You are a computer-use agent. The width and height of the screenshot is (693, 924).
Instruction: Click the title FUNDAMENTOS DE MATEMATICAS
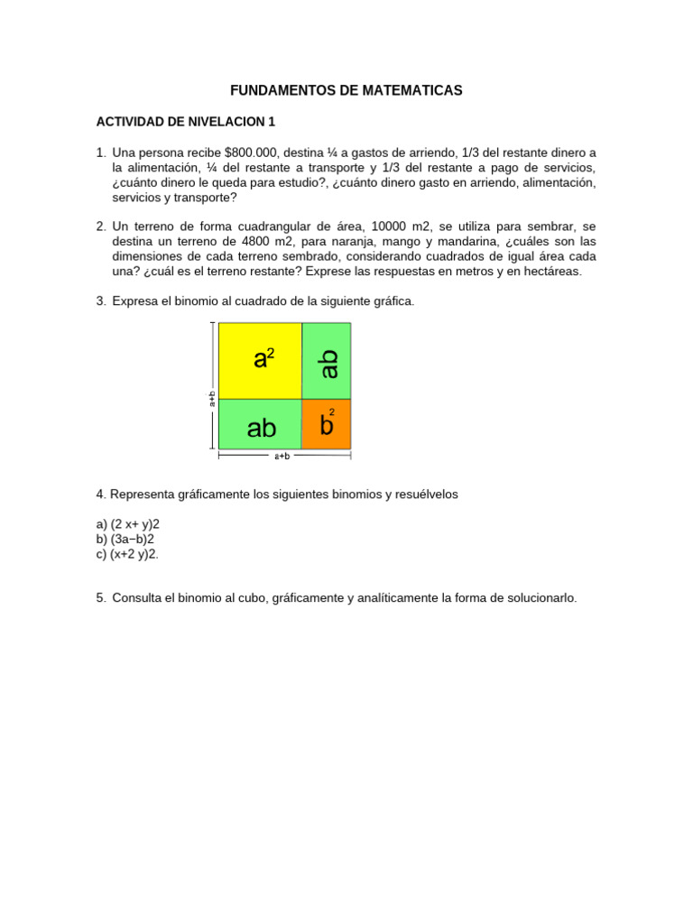346,90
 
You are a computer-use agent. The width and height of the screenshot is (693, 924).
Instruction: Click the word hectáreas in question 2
550,271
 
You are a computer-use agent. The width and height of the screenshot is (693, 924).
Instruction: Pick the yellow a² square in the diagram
261,360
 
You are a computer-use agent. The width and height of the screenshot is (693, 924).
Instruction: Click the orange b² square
327,424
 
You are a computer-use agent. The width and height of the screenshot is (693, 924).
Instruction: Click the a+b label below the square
282,457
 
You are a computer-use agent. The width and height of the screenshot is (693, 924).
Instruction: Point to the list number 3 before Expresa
101,300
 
